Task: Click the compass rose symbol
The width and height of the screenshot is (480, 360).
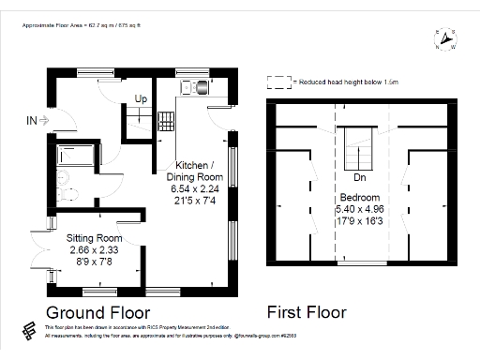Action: tap(446, 38)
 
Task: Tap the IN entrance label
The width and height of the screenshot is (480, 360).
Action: tap(33, 120)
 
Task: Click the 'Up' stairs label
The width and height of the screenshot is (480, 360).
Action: tap(141, 98)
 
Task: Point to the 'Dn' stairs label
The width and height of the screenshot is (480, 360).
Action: tap(359, 177)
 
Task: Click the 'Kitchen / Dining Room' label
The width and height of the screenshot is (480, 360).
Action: tap(195, 171)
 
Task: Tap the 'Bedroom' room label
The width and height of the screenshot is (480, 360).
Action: tap(359, 198)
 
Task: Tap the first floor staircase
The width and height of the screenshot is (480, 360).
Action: tap(359, 150)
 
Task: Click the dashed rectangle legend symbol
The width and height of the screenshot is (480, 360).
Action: tap(278, 82)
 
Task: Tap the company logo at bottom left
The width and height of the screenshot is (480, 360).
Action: tap(31, 332)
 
